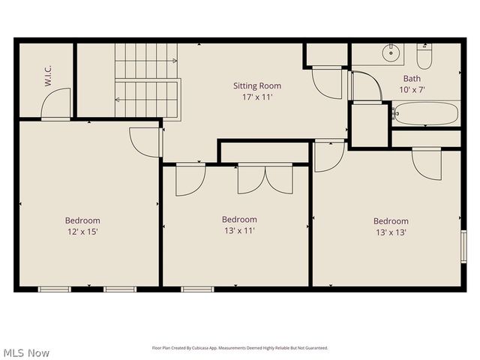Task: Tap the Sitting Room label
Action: pos(257,86)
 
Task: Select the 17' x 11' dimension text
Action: pos(257,97)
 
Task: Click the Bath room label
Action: pos(412,78)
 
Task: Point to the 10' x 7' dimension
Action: pos(412,89)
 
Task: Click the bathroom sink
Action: pos(391,53)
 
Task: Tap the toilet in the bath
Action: pos(424,56)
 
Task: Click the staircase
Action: pos(146,80)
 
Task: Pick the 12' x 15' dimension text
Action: pos(82,232)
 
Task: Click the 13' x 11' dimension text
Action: pos(239,231)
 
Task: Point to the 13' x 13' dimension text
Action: pos(391,232)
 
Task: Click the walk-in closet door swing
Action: pos(57,105)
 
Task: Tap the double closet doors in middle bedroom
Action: pos(265,179)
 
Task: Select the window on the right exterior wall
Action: pos(463,247)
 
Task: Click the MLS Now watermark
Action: pos(26,352)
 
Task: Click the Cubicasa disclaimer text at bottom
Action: pos(240,348)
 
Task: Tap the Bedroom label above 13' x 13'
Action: pos(391,221)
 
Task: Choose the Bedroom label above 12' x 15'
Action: pos(82,220)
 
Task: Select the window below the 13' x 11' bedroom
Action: pos(197,289)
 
